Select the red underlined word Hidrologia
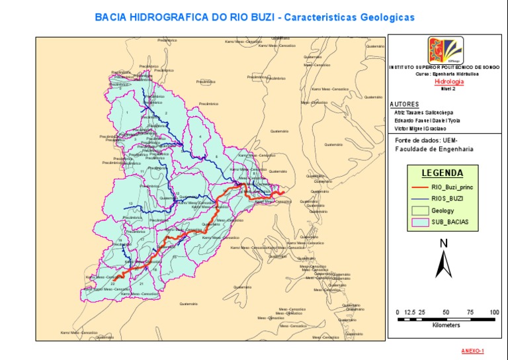click(448, 81)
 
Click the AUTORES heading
click(404, 105)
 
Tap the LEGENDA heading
click(442, 173)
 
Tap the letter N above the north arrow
click(443, 244)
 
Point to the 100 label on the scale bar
click(494, 312)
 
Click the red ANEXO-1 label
click(473, 350)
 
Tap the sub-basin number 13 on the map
click(130, 203)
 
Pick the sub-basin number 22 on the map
click(113, 283)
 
